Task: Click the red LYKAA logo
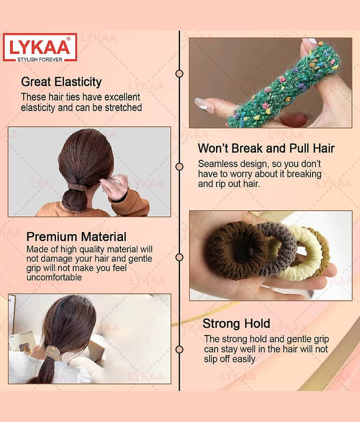click(40, 47)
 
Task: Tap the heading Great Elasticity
click(61, 82)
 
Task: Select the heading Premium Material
click(76, 237)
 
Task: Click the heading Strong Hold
click(236, 323)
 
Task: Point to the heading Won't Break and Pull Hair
click(266, 148)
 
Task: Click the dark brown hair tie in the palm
click(237, 251)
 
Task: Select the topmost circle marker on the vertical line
click(179, 73)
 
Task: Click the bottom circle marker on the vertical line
click(179, 350)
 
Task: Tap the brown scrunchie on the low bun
click(77, 187)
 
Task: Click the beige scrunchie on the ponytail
click(52, 352)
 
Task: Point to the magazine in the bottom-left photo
click(23, 342)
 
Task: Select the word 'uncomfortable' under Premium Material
click(54, 277)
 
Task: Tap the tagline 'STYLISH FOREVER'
click(40, 60)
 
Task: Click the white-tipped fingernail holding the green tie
click(201, 103)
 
